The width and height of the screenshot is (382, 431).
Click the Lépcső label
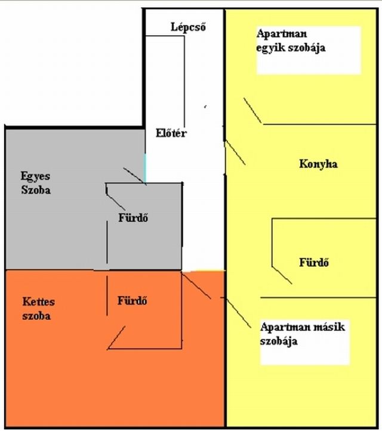188,27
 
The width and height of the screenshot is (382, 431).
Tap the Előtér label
171,133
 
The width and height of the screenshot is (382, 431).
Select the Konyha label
318,164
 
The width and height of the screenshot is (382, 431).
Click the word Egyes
35,177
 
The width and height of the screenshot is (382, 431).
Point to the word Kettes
38,301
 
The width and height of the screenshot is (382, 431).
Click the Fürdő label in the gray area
133,218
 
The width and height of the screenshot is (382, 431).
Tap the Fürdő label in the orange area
132,300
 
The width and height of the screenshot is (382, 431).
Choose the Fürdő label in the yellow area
314,262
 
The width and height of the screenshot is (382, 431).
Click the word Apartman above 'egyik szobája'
282,34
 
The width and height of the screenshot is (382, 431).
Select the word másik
329,327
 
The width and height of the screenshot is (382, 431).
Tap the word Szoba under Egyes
36,190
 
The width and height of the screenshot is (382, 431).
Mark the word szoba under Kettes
36,316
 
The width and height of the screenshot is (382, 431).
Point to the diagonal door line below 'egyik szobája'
252,110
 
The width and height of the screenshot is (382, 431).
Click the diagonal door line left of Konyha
235,153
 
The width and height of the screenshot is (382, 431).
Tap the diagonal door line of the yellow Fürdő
282,275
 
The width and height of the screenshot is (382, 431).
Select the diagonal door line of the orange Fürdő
116,337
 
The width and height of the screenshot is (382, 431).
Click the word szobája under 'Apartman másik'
279,341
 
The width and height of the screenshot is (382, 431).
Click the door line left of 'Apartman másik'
239,313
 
